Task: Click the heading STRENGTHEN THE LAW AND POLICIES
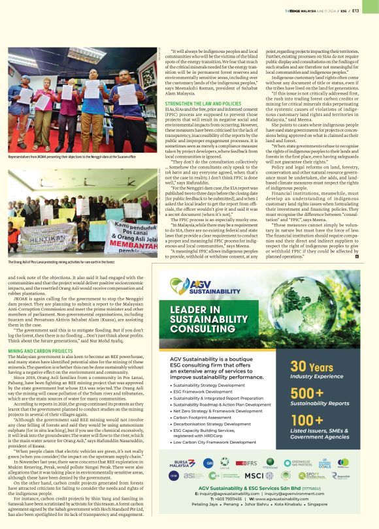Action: pyautogui.click(x=203, y=104)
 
